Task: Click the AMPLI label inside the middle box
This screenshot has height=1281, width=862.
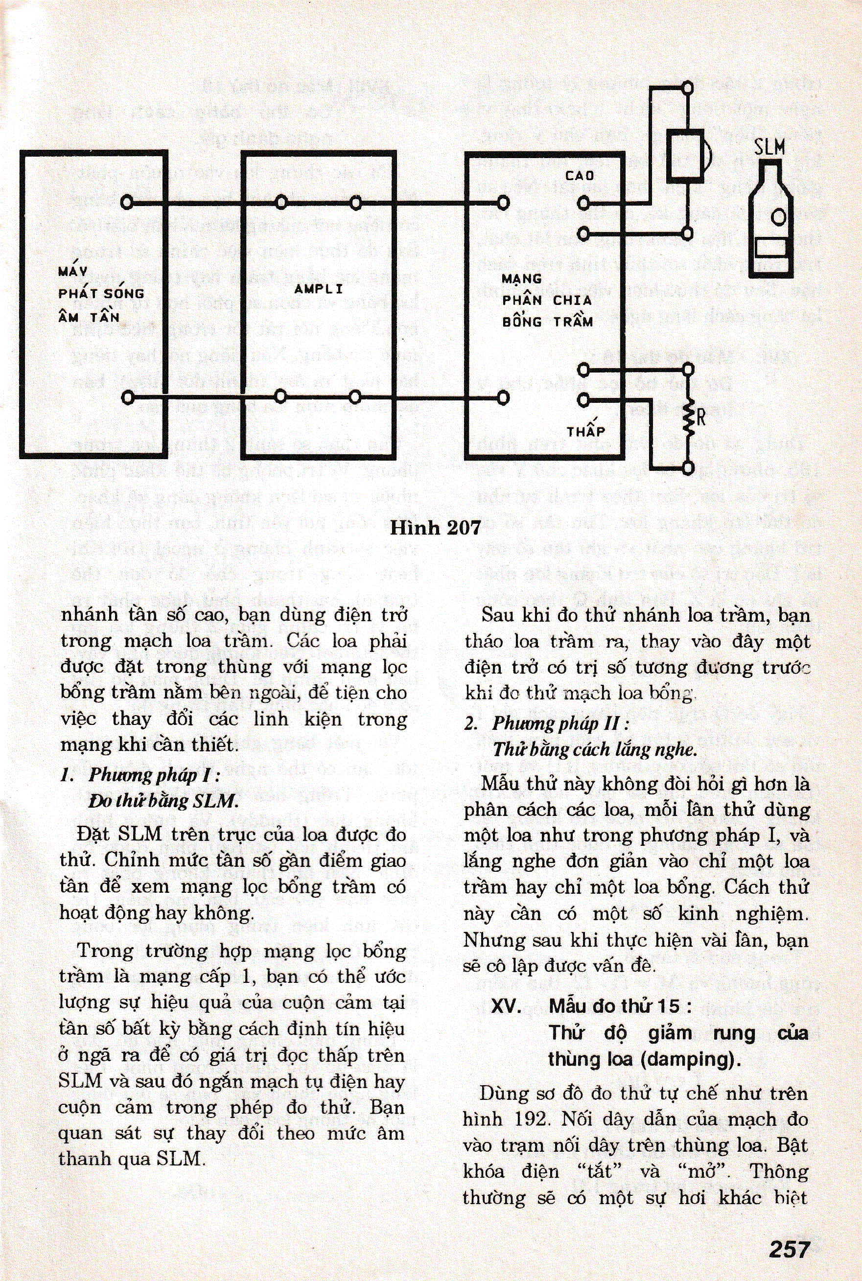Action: (318, 289)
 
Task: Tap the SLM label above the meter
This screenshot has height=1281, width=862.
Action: (769, 148)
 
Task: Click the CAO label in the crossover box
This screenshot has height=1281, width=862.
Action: (580, 176)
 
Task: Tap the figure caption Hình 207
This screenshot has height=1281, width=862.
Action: (435, 528)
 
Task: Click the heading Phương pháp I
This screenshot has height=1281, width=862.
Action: (154, 775)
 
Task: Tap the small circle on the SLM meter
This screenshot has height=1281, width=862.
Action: (778, 217)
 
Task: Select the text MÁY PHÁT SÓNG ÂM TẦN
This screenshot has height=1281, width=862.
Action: (101, 294)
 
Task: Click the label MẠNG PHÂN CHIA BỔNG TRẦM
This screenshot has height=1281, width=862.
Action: (546, 300)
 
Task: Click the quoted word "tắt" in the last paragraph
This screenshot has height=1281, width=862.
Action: (599, 1171)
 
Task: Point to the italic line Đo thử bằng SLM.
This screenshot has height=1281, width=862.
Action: (164, 801)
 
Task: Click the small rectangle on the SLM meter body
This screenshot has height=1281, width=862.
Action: (771, 248)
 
